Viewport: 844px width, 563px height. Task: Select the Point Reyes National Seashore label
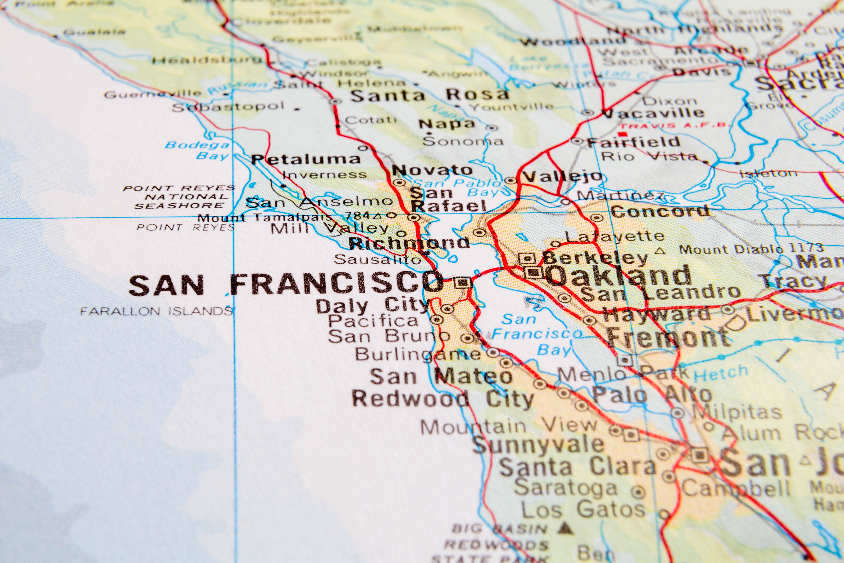[x=179, y=197]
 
